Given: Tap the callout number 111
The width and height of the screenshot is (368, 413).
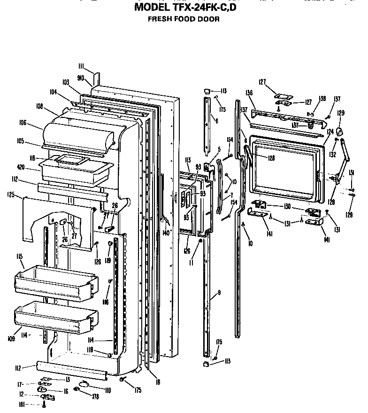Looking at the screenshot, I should coord(82,67).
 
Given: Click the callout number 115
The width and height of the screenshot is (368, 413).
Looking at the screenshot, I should coord(20,257).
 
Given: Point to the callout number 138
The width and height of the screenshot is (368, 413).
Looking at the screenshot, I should coord(322,99).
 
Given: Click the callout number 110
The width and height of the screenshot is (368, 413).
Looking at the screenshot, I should coord(107,390).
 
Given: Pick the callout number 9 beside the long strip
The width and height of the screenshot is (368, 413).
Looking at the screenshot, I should coord(219,293).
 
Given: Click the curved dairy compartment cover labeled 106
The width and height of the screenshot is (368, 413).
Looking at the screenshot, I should coord(77,134).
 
